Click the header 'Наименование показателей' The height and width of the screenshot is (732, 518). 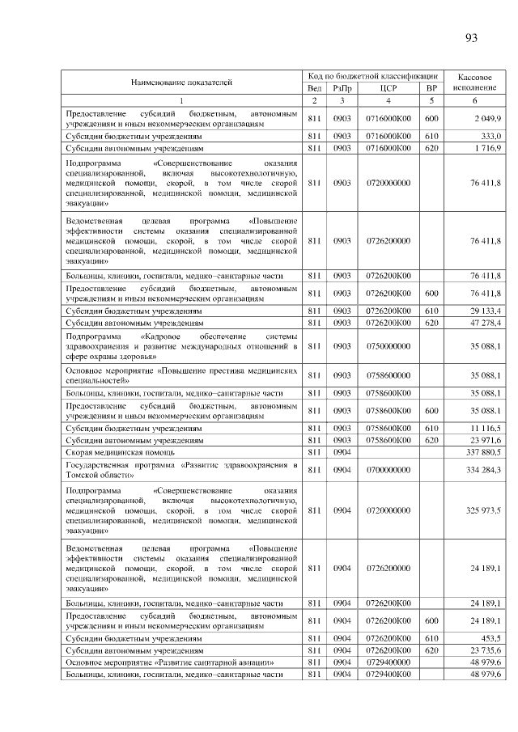point(181,82)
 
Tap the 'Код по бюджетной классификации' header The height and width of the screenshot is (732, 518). point(373,74)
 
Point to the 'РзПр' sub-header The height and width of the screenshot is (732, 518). point(342,88)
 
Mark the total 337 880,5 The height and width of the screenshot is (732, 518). point(485,451)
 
